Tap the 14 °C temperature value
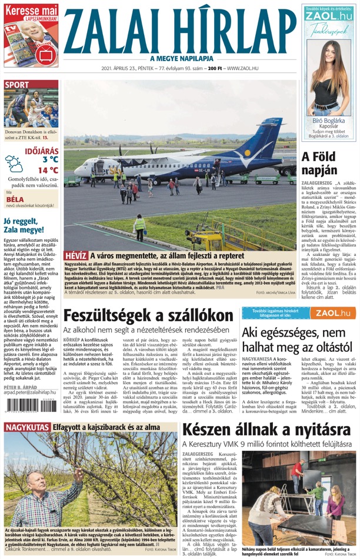[48, 171]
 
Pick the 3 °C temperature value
[50, 159]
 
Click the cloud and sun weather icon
[15, 164]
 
